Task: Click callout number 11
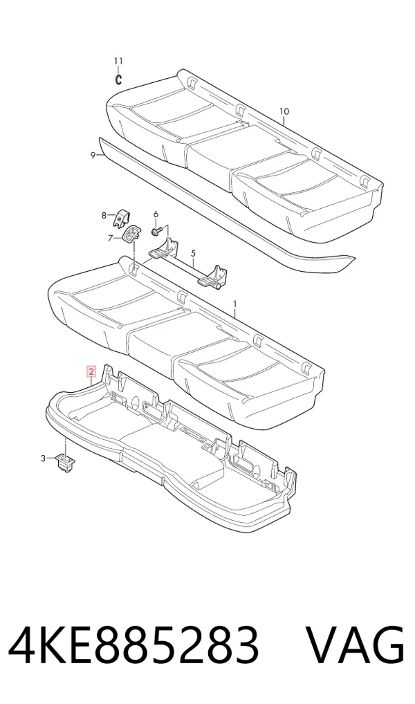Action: [x=118, y=61]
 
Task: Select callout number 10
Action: [x=284, y=112]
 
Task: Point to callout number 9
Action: [x=93, y=156]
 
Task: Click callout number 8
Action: [x=104, y=216]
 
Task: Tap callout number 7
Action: [x=110, y=239]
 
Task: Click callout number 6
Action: [x=156, y=213]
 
